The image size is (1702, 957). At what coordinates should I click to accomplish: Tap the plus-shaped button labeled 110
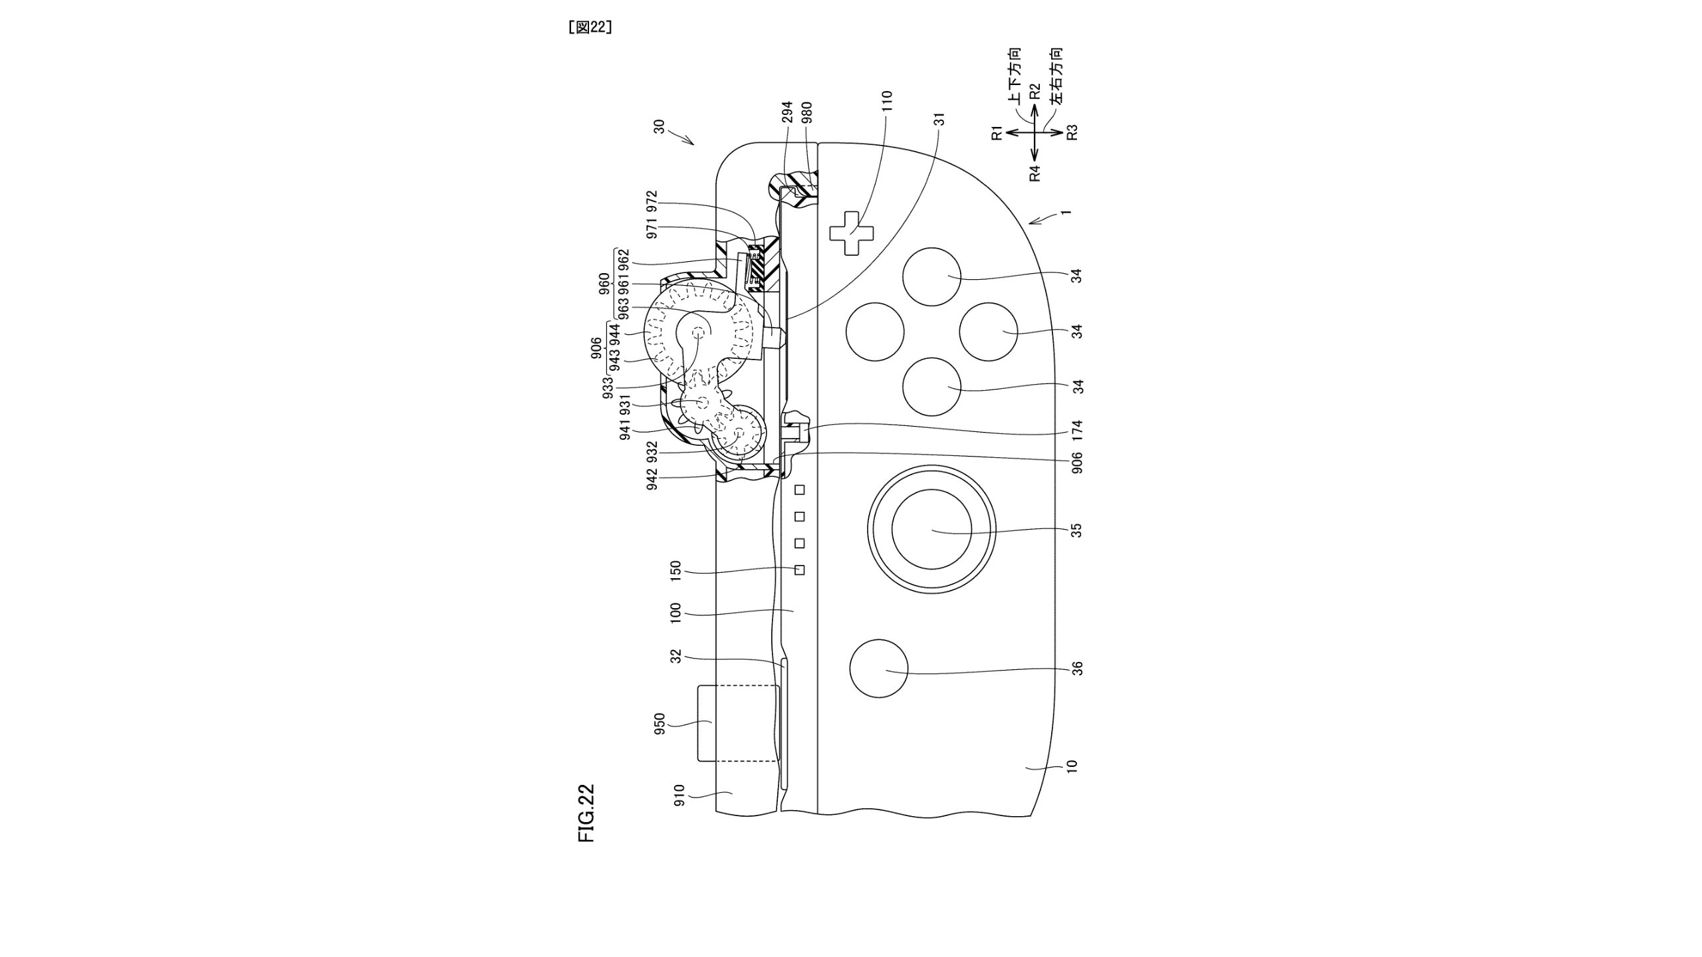(x=852, y=233)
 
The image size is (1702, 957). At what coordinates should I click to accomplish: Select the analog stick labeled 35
(x=931, y=530)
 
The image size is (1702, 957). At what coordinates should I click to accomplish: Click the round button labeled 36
(x=879, y=669)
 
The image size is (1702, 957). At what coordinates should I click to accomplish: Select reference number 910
(x=679, y=795)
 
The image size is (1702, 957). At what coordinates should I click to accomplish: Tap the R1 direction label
(x=996, y=132)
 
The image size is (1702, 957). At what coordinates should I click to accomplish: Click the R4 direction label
(x=1034, y=173)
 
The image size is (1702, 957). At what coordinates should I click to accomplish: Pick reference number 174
(x=1078, y=430)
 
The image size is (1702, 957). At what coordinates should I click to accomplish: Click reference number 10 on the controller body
(x=1071, y=766)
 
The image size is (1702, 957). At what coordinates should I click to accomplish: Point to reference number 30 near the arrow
(x=659, y=126)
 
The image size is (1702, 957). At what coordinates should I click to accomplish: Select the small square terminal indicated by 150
(x=800, y=570)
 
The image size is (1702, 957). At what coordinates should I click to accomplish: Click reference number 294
(x=787, y=112)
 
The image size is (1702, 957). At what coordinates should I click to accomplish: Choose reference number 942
(x=652, y=478)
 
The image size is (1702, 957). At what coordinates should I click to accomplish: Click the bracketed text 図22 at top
(x=590, y=27)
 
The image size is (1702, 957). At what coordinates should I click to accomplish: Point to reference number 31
(x=939, y=119)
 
